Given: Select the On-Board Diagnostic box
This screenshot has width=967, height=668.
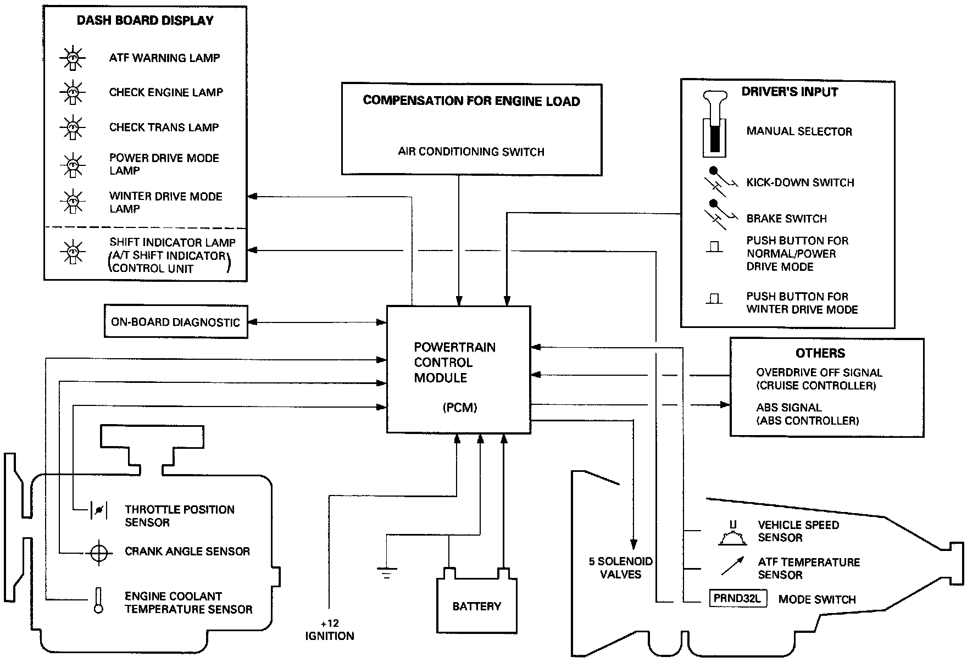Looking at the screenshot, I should click(x=176, y=322).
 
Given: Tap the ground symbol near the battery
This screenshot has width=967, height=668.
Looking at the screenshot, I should click(x=387, y=574).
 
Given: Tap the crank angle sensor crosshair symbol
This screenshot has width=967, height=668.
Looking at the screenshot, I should click(x=99, y=552).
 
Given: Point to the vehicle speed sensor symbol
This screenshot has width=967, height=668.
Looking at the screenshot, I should click(x=732, y=533).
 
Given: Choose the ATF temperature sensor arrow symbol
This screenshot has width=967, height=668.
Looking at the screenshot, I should click(x=732, y=566).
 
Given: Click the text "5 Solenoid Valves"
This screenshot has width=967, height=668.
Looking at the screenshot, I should click(x=621, y=568).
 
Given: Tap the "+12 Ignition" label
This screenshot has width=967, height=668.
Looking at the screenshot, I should click(x=330, y=630).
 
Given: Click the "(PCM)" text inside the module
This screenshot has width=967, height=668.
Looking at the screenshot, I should click(x=459, y=408).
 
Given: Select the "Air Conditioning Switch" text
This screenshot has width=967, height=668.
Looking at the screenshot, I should click(x=471, y=152).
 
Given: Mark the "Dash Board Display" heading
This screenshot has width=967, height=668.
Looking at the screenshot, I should click(x=145, y=21).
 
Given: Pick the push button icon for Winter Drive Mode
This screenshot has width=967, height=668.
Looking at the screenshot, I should click(x=714, y=299).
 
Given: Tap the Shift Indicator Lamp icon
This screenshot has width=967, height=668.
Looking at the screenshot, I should click(x=72, y=253).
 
